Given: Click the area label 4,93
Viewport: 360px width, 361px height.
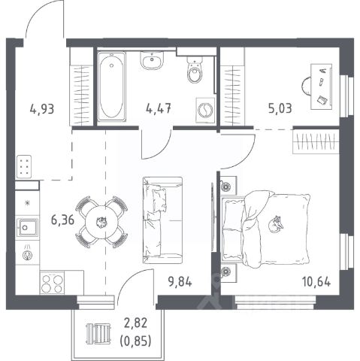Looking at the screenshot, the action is [x=42, y=109].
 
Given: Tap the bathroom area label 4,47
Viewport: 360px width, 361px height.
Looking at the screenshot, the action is [x=159, y=109].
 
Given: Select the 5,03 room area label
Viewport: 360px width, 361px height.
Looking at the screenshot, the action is [x=280, y=109].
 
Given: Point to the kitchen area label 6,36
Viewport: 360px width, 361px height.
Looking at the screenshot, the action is [x=62, y=220].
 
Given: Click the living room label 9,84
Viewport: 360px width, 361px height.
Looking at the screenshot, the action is [x=180, y=282].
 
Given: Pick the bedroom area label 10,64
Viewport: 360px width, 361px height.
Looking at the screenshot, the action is [x=316, y=282].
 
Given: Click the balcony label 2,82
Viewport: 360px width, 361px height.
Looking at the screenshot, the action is [x=135, y=323].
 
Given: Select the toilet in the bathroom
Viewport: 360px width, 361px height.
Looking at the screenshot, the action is [x=195, y=69].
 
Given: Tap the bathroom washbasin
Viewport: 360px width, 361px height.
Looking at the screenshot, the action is [x=152, y=60].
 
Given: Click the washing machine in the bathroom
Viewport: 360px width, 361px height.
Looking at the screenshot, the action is [x=205, y=110].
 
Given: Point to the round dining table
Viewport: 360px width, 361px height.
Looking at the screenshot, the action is [x=101, y=222].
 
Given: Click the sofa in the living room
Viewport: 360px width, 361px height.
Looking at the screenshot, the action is [x=162, y=220].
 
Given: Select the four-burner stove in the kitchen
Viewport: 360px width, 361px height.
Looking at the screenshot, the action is [x=51, y=284].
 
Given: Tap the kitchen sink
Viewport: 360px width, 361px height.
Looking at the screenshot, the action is [x=27, y=227].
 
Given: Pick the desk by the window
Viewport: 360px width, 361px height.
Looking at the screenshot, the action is [x=321, y=86].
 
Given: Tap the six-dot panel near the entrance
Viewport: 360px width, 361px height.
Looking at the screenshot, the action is [x=24, y=166].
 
